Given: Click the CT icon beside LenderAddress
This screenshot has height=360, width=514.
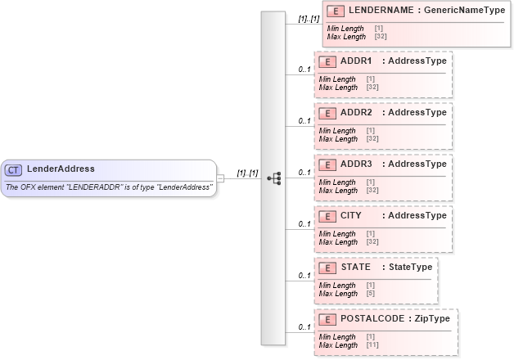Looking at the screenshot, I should [x=14, y=169].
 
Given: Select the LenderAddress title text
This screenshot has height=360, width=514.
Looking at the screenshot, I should [x=61, y=169].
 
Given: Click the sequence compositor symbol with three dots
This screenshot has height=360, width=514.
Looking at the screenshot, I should [x=274, y=178].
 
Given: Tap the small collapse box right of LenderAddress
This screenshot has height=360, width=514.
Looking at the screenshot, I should [x=220, y=178].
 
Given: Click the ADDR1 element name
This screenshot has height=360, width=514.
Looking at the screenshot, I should [x=356, y=61].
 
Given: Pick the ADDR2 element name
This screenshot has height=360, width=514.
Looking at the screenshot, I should [x=356, y=112].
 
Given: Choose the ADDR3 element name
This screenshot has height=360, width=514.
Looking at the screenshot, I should [x=356, y=164].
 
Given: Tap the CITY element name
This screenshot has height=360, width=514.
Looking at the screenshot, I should [x=351, y=215].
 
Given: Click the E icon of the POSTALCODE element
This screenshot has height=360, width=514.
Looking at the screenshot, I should [x=327, y=318].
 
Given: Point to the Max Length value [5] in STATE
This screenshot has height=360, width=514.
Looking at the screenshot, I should [x=371, y=293].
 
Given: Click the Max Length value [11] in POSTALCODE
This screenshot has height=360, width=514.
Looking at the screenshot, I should [x=372, y=344].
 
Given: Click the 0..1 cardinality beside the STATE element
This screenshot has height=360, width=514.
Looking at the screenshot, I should [x=304, y=276].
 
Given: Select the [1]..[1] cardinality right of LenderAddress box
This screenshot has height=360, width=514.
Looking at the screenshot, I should [x=247, y=173].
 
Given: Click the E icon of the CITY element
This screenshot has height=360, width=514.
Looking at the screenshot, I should [x=327, y=215].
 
